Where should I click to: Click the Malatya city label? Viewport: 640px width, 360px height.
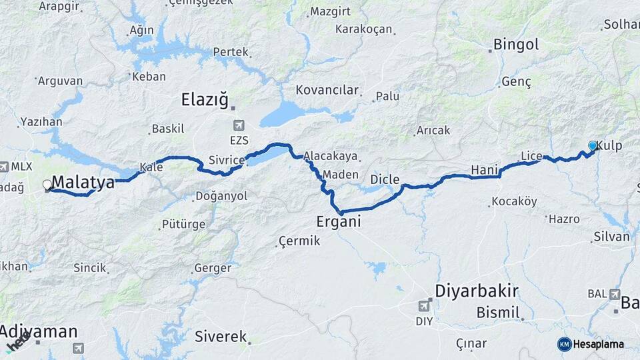tap(83, 181)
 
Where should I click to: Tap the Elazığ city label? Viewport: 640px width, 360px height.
tap(204, 100)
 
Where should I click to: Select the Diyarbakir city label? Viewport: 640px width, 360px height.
tap(477, 291)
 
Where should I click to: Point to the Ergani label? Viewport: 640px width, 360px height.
tap(339, 221)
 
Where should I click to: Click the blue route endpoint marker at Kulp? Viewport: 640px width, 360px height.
tap(593, 145)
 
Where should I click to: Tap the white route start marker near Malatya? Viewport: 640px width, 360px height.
tap(47, 185)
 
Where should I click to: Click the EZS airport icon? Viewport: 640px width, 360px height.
tap(239, 125)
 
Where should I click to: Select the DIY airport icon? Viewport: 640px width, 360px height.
tap(423, 305)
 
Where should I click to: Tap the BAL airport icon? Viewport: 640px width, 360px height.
tap(615, 293)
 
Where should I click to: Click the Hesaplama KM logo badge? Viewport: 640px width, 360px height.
tap(565, 344)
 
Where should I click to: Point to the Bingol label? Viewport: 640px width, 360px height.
tap(516, 45)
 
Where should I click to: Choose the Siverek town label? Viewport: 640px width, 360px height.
tap(221, 337)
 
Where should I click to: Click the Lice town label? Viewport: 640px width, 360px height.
tap(531, 156)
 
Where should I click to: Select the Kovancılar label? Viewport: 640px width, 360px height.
tap(327, 90)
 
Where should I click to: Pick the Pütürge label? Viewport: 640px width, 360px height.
tap(183, 224)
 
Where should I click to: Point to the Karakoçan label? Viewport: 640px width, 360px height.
tap(363, 29)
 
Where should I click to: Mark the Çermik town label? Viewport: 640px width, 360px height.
tap(299, 240)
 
